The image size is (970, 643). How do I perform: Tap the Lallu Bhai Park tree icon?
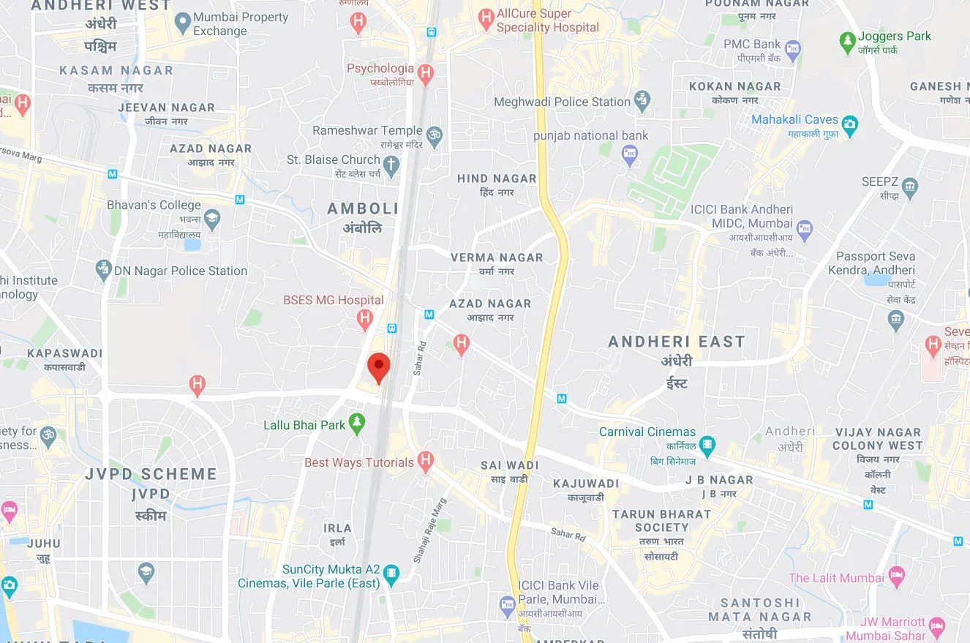(x=357, y=424)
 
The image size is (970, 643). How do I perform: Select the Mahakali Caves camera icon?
(x=849, y=124)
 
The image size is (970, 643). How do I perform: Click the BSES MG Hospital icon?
(x=364, y=318)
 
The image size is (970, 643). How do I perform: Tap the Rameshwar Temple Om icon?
(x=435, y=135)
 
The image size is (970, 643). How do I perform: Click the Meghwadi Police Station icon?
(x=642, y=102)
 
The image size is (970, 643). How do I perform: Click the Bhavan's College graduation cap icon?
(x=212, y=218)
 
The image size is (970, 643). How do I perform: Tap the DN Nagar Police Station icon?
(x=104, y=271)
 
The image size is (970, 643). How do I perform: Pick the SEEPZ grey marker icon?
(x=910, y=188)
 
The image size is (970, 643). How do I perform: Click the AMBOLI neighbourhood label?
(x=363, y=208)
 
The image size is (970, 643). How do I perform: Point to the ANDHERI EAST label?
(x=677, y=342)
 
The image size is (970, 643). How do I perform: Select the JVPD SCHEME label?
(x=151, y=474)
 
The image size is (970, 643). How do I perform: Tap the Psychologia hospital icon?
(x=426, y=73)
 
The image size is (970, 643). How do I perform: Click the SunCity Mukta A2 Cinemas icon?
(x=391, y=574)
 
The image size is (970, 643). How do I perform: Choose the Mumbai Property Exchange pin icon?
(x=184, y=23)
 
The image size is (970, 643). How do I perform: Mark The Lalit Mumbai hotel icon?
(x=897, y=576)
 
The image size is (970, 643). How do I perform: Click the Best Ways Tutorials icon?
(x=425, y=461)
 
